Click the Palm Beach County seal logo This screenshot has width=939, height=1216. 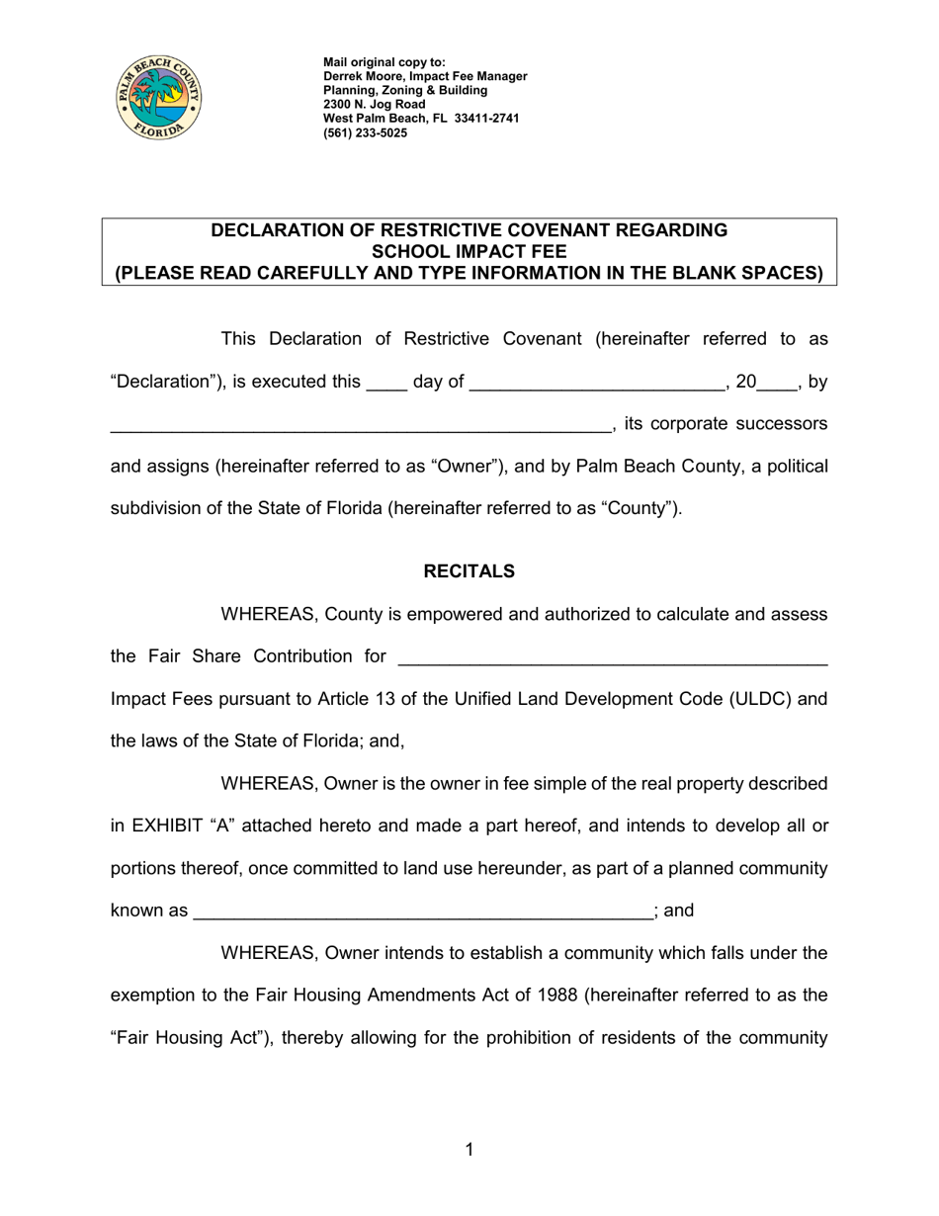coord(158,97)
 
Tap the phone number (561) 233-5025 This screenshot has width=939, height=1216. coord(365,132)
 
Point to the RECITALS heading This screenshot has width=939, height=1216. coord(469,571)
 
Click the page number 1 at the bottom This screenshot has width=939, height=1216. coord(469,1149)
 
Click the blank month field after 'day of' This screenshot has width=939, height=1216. coord(597,383)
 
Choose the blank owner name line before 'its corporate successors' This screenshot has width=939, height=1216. coord(361,425)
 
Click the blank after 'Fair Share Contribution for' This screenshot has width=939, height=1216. coord(611,657)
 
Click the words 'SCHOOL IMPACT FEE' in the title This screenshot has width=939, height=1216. coord(469,251)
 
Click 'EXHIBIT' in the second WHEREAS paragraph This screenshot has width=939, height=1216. coord(168,826)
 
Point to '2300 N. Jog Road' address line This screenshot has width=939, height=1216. coord(375,104)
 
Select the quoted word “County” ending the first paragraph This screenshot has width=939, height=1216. coord(639,508)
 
